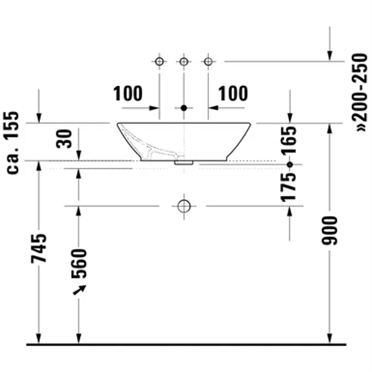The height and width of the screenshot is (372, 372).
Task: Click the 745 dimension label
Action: coord(39,249)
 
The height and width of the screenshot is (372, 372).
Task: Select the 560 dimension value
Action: coord(79,263)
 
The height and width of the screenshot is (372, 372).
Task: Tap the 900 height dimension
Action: coord(330,230)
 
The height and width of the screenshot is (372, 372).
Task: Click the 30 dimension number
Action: coord(64,139)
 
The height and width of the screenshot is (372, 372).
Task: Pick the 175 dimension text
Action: coord(289,188)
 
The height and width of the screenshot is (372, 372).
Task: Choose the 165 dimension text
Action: coord(289,141)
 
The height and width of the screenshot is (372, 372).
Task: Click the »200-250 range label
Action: coord(360,93)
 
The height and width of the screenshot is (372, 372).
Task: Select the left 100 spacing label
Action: coord(128,94)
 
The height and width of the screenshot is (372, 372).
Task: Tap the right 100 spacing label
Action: coord(233,94)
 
